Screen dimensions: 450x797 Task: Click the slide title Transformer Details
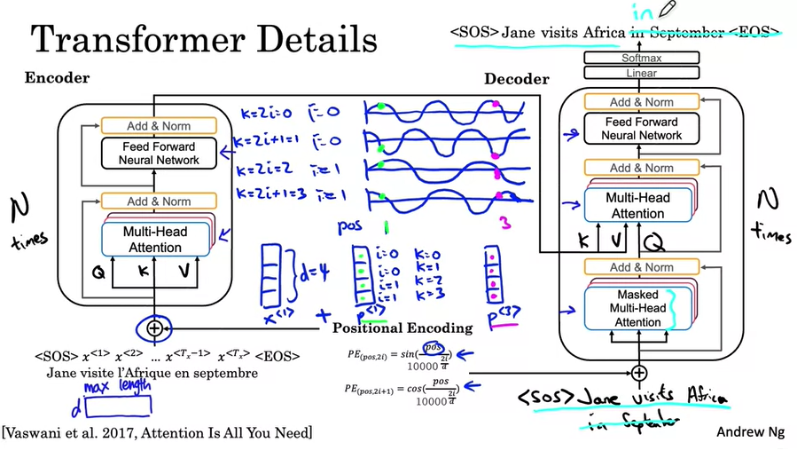click(x=204, y=40)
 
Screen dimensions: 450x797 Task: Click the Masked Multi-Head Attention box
click(x=640, y=308)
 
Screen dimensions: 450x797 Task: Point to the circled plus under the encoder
click(x=154, y=328)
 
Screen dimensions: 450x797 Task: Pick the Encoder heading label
click(x=58, y=78)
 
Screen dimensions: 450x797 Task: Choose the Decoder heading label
click(x=517, y=79)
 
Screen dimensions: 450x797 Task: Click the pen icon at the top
click(x=668, y=10)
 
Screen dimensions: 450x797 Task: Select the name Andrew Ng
click(x=752, y=431)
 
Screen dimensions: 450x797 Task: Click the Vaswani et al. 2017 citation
click(x=158, y=432)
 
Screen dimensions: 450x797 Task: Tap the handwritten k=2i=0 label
click(x=269, y=114)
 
